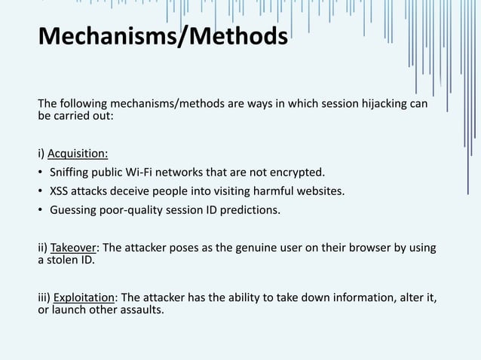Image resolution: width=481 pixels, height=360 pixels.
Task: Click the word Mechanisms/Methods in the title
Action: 162,36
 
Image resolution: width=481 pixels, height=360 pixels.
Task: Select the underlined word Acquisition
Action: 78,154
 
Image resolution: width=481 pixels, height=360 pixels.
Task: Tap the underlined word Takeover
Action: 74,248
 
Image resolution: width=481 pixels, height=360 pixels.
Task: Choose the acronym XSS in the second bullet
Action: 60,191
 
